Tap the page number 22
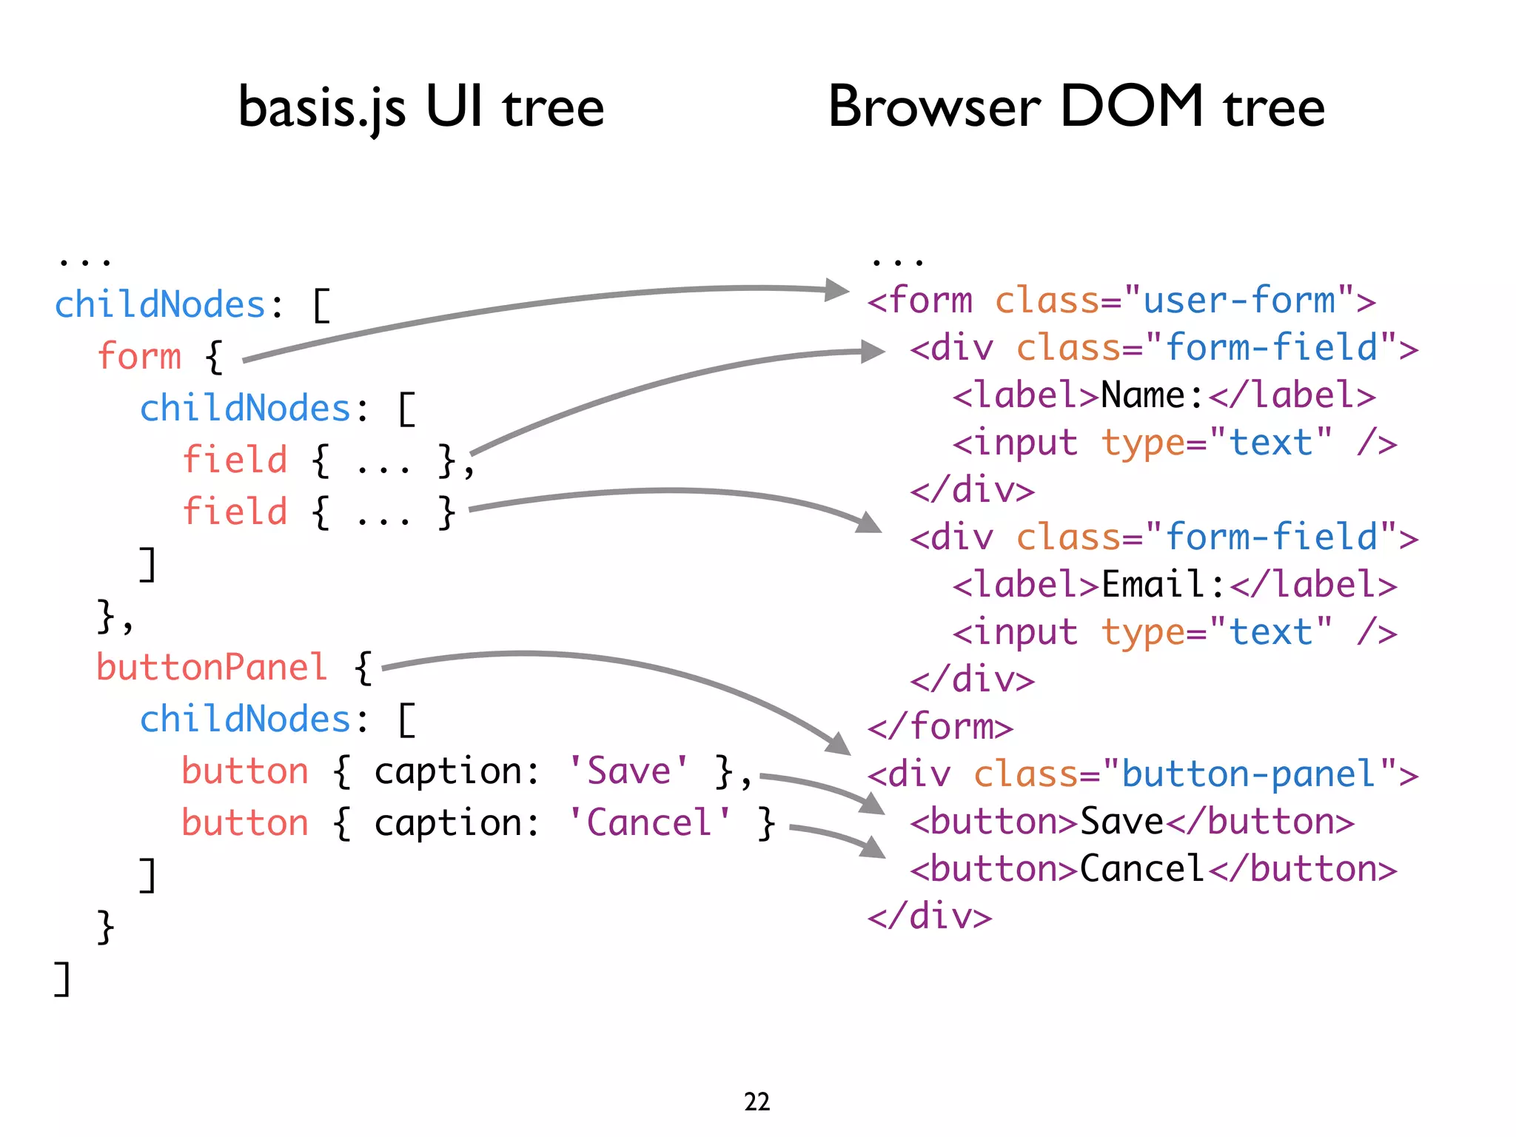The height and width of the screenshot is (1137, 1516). [757, 1101]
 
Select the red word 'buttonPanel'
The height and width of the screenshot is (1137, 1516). [212, 667]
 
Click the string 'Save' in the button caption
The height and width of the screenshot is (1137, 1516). [628, 771]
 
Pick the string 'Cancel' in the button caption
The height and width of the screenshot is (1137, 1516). [649, 822]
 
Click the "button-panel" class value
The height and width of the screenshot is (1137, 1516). [1249, 774]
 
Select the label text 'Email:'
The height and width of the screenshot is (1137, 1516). [1163, 585]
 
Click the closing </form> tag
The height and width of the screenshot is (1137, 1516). [940, 727]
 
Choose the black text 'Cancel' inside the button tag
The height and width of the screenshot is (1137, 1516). [1142, 869]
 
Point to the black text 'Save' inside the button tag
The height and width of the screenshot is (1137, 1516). [1121, 822]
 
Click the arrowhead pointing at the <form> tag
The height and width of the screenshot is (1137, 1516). [836, 289]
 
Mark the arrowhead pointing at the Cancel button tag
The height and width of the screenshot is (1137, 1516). [874, 848]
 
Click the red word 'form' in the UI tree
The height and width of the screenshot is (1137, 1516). [139, 356]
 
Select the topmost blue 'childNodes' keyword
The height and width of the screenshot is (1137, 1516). [160, 305]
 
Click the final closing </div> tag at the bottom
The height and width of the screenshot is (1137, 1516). [930, 916]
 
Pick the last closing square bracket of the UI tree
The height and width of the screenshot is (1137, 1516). [62, 979]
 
